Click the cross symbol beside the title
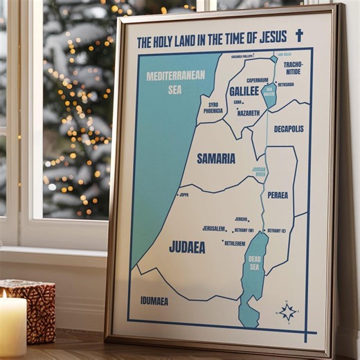click(x=299, y=35)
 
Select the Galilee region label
click(x=244, y=91)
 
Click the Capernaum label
click(x=257, y=80)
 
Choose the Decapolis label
click(x=289, y=129)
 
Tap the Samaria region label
click(x=216, y=159)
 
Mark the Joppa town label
click(x=183, y=195)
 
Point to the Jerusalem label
click(x=214, y=228)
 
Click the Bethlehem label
click(x=235, y=243)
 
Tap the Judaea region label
click(x=187, y=246)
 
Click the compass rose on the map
click(x=288, y=312)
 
